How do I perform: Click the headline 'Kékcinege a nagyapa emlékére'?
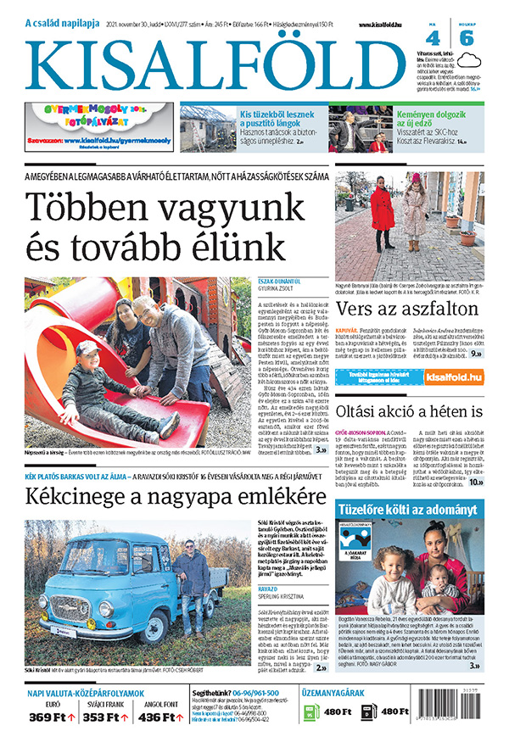[164, 497]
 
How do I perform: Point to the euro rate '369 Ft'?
[53, 717]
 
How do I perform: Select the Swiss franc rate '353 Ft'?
[106, 717]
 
